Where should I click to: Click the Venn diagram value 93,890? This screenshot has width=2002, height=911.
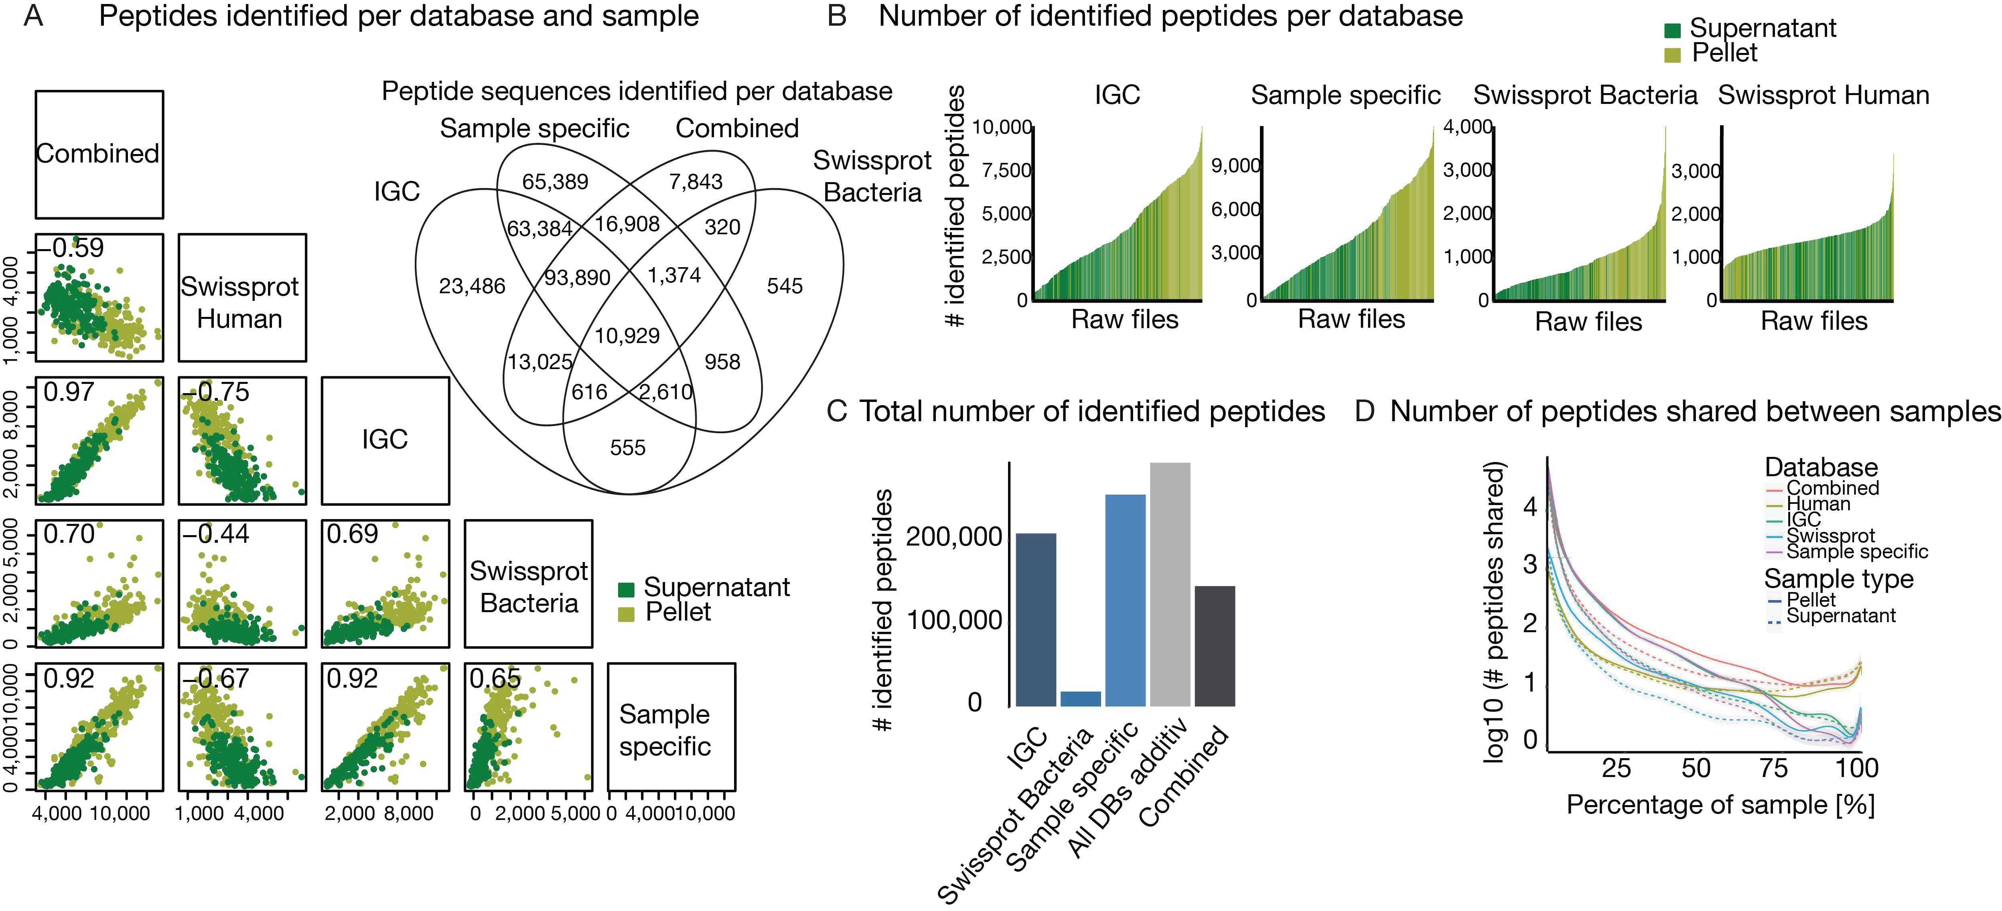(577, 278)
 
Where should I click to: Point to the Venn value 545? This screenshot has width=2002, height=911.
(784, 286)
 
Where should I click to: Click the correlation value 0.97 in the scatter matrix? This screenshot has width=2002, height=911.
(68, 392)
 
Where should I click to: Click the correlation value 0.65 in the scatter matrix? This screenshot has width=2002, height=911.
(495, 679)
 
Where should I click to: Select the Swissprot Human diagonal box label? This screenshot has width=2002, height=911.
(240, 302)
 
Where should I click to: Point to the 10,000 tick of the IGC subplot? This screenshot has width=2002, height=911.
(1002, 127)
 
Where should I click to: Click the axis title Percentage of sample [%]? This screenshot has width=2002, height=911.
(1720, 805)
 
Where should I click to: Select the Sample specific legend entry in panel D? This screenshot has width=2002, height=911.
(1857, 552)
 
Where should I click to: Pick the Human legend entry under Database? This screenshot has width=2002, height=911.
(1818, 505)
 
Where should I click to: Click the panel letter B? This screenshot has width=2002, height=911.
(836, 16)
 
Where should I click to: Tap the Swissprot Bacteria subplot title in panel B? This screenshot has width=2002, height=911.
(1585, 95)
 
